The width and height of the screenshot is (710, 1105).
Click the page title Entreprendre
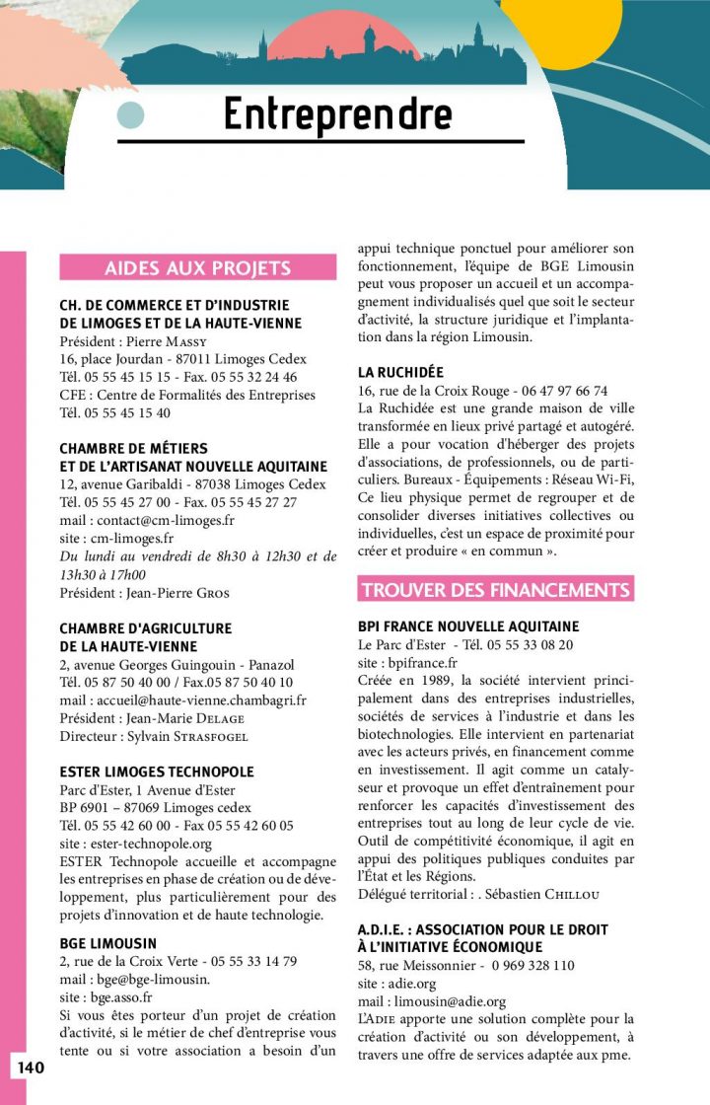click(337, 114)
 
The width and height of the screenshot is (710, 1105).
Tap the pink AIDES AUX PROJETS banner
click(197, 267)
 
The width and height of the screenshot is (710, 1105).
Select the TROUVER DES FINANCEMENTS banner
click(495, 590)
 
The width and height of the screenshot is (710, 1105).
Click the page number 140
click(30, 1068)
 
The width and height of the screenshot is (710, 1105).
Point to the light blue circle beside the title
click(130, 115)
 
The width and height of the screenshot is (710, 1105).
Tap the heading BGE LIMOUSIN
click(107, 943)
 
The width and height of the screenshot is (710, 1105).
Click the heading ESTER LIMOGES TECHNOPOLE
click(157, 772)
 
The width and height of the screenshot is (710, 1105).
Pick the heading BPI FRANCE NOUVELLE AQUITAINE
click(468, 626)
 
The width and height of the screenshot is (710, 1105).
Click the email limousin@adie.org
click(449, 1001)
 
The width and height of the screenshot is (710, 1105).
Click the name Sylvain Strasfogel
click(191, 736)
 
